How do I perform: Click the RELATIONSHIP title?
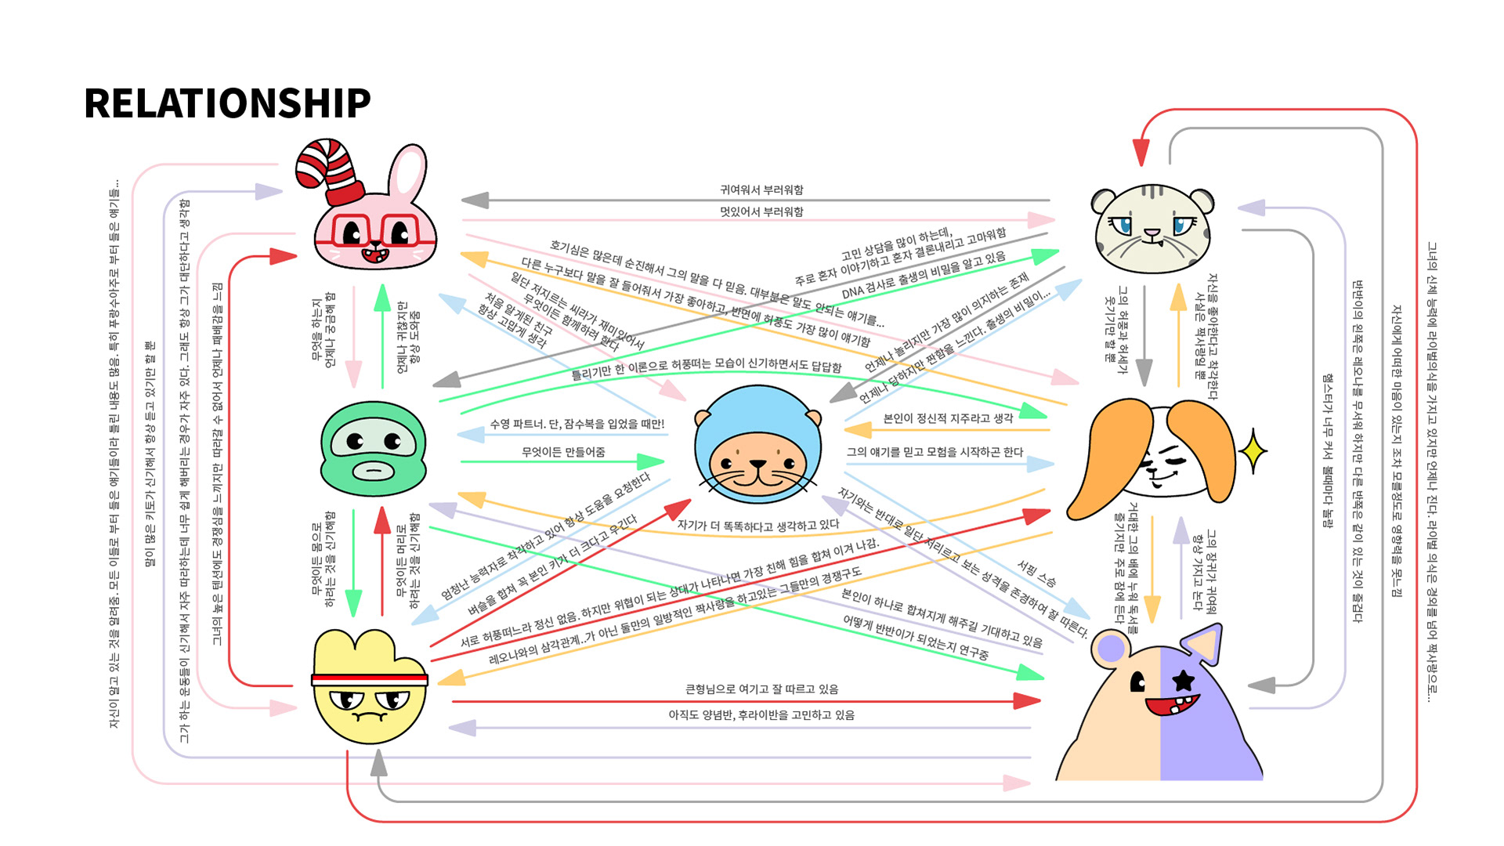[x=227, y=103]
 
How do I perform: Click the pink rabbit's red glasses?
[x=374, y=230]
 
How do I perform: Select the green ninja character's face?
[x=374, y=448]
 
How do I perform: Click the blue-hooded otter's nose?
[x=757, y=464]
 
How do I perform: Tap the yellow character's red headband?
[x=370, y=679]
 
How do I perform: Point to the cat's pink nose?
[x=1151, y=233]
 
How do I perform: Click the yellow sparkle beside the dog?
[x=1253, y=451]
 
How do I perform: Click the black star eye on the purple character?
[x=1183, y=680]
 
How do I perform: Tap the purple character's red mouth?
[x=1172, y=705]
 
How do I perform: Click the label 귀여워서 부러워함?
[x=761, y=190]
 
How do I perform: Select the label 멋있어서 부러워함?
[x=761, y=211]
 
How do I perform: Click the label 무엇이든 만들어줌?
[x=563, y=452]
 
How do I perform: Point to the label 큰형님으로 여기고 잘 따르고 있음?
[x=761, y=689]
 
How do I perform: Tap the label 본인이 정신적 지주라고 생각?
[x=948, y=418]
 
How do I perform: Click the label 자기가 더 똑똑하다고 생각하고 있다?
[x=757, y=526]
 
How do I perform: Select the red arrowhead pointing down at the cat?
[x=1141, y=153]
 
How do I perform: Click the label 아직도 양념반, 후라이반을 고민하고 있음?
[x=761, y=715]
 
